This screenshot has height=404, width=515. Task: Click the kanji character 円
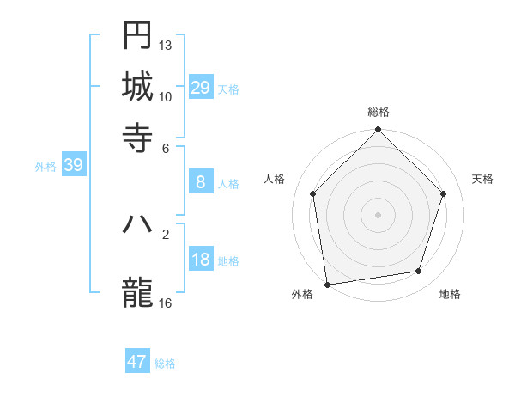click(x=137, y=36)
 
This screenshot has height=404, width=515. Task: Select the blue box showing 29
click(x=201, y=87)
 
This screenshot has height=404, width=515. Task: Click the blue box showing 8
click(x=201, y=182)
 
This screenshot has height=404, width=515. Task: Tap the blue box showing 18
click(x=201, y=260)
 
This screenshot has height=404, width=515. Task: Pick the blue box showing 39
click(x=73, y=166)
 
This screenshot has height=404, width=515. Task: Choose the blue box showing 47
click(x=137, y=362)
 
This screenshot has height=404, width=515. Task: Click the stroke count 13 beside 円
click(x=166, y=45)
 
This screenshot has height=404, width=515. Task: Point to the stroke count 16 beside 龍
click(x=166, y=303)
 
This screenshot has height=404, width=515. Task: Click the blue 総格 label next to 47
click(x=165, y=364)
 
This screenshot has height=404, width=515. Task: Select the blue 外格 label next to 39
click(x=45, y=167)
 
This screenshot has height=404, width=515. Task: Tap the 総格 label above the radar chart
click(x=378, y=112)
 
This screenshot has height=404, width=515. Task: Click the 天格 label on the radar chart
click(x=482, y=179)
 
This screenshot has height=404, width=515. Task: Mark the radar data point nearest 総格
click(x=378, y=131)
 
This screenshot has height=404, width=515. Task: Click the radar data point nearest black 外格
click(x=327, y=284)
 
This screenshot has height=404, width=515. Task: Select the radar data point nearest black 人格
click(x=312, y=193)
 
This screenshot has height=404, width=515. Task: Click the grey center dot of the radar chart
click(x=378, y=214)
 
